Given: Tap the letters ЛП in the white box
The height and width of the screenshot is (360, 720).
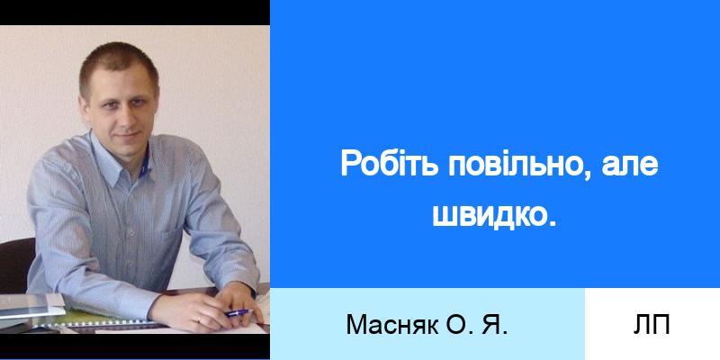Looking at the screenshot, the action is pyautogui.click(x=652, y=325).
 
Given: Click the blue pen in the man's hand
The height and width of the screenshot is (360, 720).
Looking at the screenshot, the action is pyautogui.click(x=238, y=313).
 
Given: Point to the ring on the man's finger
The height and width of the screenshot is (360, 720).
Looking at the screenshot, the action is pyautogui.click(x=198, y=318).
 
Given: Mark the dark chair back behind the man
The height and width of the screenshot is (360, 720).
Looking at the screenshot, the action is pyautogui.click(x=16, y=265).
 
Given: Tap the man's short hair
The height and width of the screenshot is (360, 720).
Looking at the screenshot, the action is pyautogui.click(x=119, y=64).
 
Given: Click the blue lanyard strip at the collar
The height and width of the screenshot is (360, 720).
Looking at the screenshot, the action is pyautogui.click(x=145, y=166).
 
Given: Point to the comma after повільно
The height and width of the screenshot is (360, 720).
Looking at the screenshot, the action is pyautogui.click(x=589, y=175).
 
